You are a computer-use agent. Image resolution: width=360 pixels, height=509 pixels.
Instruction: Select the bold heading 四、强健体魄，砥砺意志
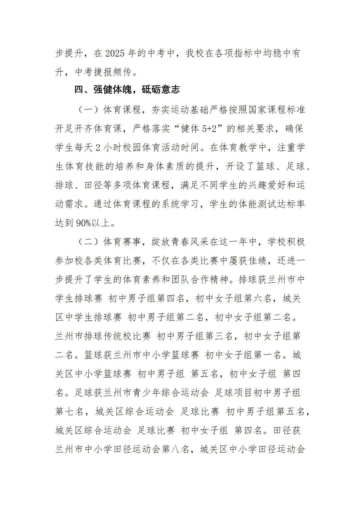(127, 90)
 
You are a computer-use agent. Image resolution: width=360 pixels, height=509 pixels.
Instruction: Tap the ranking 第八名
(176, 450)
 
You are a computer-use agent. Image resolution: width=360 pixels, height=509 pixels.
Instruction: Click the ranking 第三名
(219, 336)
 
